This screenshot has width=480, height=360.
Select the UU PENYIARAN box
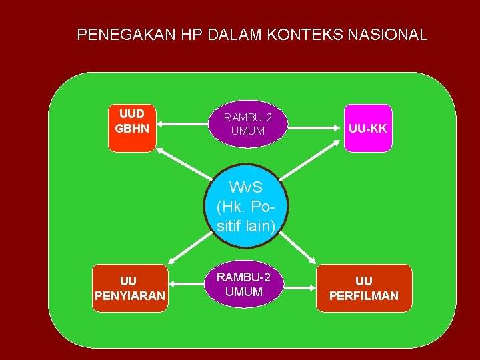[x=129, y=288]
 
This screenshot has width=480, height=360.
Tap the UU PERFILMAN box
[x=364, y=288]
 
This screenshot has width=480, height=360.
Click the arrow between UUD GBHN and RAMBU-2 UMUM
[x=180, y=124]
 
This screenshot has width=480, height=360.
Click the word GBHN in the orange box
[x=132, y=127]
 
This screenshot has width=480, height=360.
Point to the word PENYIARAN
[x=129, y=295]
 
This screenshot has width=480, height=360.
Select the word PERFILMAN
[x=364, y=295]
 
